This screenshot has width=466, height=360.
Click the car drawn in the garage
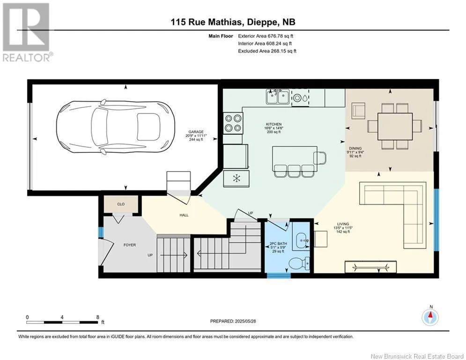(x=116, y=127)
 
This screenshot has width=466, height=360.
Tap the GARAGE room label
(x=196, y=132)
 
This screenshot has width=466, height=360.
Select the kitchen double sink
(x=278, y=97)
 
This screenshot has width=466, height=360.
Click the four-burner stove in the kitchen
(x=233, y=123)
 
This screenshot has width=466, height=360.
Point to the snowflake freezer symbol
(x=237, y=178)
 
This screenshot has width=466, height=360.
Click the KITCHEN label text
(x=274, y=124)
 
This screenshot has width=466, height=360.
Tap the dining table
(x=395, y=127)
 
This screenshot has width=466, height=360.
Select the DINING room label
(x=355, y=148)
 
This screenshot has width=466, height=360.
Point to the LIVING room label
(x=343, y=224)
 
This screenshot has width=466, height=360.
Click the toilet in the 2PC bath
(x=299, y=262)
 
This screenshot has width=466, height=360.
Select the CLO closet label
(x=121, y=204)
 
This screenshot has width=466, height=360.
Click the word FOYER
(x=130, y=245)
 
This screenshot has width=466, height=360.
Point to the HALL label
(x=184, y=215)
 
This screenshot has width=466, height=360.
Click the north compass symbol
(x=430, y=317)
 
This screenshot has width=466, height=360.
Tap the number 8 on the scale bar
(x=98, y=317)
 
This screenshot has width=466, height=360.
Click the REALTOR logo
(x=27, y=32)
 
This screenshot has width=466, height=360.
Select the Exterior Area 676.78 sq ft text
(x=266, y=36)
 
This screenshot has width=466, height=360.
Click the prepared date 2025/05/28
(x=245, y=321)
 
